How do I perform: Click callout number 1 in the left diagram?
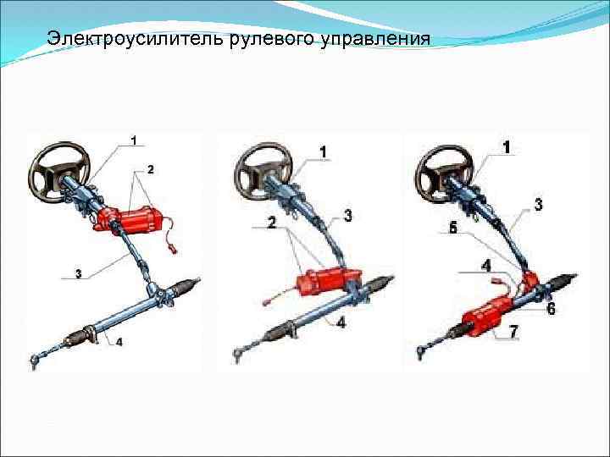point(134,139)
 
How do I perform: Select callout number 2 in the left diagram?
point(151,169)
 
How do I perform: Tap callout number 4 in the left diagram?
point(119,342)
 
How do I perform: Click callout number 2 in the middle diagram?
point(272,223)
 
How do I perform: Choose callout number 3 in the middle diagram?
point(347,217)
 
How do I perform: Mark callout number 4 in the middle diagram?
point(340,322)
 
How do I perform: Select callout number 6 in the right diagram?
point(551,309)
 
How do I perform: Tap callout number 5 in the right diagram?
point(453,228)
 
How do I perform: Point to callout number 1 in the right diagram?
point(507,147)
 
